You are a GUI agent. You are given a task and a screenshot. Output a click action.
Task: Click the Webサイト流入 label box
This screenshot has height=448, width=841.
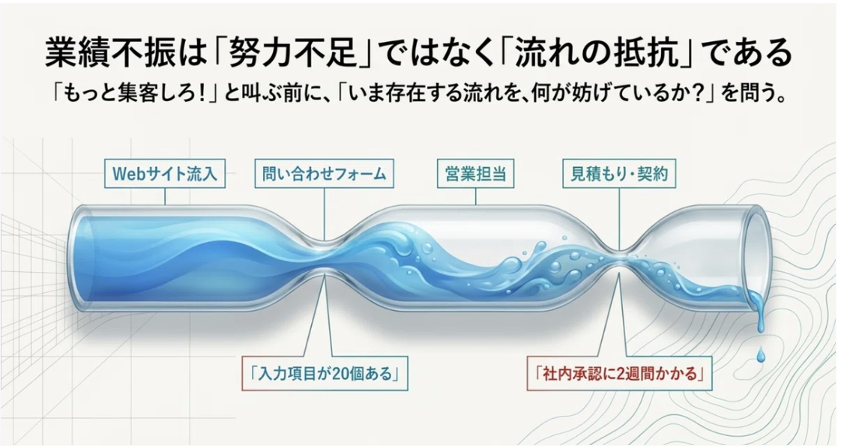165,174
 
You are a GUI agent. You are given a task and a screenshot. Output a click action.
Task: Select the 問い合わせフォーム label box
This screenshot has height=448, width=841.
324,174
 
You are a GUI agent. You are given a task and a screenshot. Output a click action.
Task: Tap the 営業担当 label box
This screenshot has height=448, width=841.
476,174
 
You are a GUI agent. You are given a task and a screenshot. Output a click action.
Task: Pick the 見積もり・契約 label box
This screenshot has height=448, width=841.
618,174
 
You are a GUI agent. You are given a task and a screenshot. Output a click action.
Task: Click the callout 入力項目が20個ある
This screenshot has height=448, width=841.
325,373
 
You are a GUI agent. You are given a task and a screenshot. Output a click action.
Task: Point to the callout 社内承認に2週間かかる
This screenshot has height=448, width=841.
620,373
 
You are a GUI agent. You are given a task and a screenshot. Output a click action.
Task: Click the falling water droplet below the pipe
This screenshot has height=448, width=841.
761,354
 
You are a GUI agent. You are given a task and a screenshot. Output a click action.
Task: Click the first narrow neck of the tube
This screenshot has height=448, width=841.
325,256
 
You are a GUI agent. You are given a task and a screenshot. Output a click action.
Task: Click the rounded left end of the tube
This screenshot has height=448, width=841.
80,257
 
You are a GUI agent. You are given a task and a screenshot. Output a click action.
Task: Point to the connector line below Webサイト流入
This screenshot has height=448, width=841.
165,197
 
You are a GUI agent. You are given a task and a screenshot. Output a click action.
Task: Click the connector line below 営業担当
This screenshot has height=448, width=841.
476,197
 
